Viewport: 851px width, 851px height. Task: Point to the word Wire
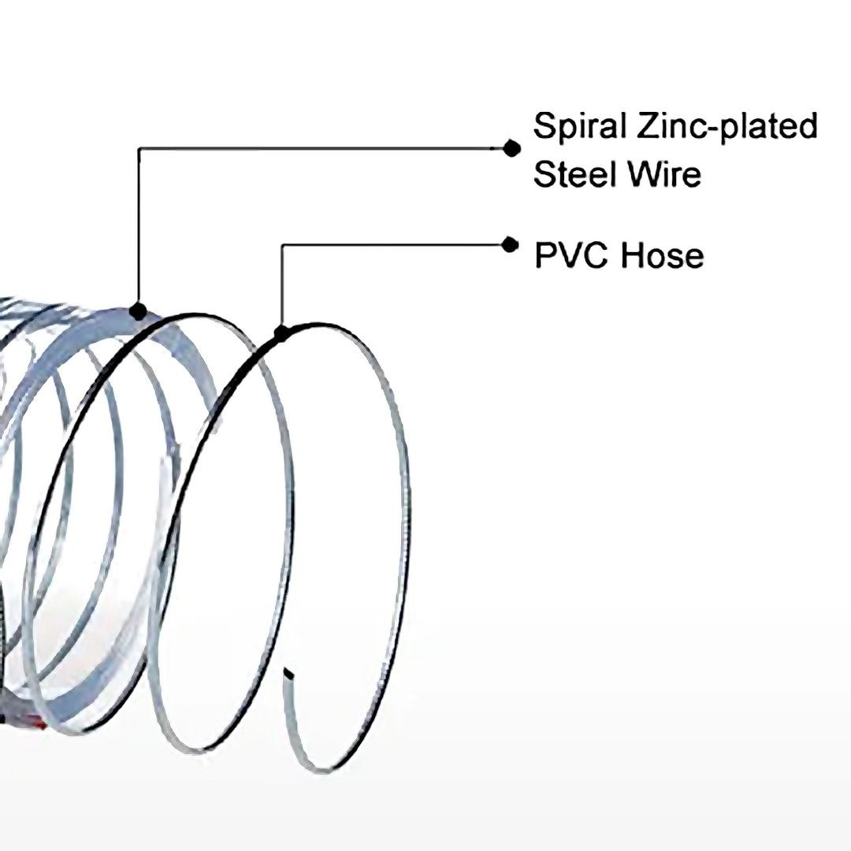tap(662, 174)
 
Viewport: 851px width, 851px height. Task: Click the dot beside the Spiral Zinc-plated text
tap(512, 147)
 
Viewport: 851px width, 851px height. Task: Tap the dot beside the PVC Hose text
tap(511, 245)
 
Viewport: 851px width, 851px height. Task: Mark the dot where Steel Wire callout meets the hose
tap(139, 311)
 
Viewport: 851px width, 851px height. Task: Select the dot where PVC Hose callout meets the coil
tap(281, 334)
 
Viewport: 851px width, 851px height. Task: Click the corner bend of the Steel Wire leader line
tap(139, 148)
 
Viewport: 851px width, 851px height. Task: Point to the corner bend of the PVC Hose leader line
tap(282, 246)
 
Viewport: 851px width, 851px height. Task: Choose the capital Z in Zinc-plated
tap(649, 127)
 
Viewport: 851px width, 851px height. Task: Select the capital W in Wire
tap(641, 174)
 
